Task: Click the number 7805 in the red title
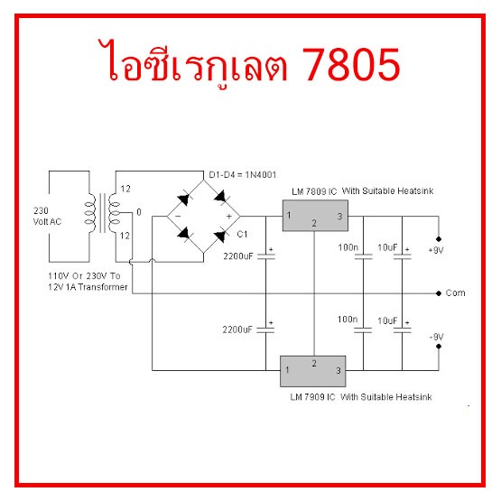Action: click(x=351, y=64)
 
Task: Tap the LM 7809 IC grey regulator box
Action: click(x=315, y=216)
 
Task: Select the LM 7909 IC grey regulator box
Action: click(x=313, y=371)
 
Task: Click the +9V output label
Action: click(x=436, y=250)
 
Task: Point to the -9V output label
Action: click(x=437, y=337)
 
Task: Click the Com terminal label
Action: click(x=455, y=293)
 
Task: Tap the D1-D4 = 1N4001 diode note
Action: click(x=243, y=175)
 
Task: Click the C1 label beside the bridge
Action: click(x=242, y=234)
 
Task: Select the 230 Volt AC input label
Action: click(x=47, y=216)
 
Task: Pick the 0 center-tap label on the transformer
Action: click(x=139, y=212)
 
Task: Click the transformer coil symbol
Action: click(x=102, y=213)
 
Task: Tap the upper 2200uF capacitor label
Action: click(x=238, y=256)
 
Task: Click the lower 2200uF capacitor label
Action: click(x=237, y=329)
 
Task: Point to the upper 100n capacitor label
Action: click(x=348, y=247)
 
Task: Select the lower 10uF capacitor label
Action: click(x=387, y=320)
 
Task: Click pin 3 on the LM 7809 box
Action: click(x=339, y=217)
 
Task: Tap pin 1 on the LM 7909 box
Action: click(x=287, y=370)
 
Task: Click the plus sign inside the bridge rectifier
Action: click(x=228, y=217)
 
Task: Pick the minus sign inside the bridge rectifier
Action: click(x=178, y=217)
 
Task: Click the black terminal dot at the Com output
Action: click(x=439, y=293)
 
